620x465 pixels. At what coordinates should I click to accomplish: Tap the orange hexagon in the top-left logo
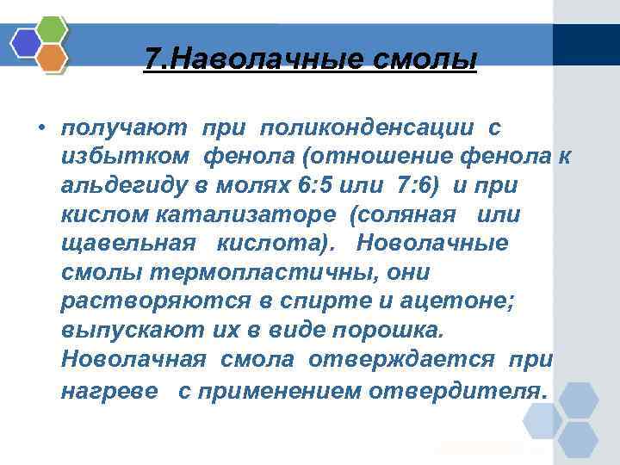53,57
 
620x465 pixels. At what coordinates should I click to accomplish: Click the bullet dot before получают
40,130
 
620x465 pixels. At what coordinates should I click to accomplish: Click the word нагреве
109,391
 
